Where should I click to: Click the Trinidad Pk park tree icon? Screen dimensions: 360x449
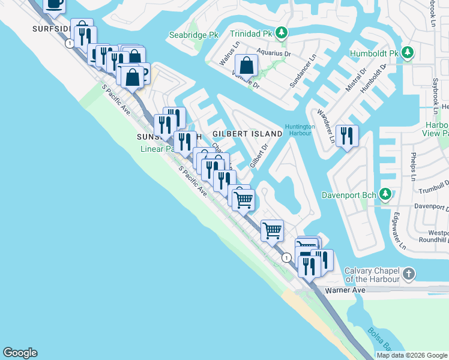[x=280, y=32]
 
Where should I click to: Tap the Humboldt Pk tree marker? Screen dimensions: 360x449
[x=408, y=53]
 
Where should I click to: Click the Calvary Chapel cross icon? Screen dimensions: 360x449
[x=408, y=274]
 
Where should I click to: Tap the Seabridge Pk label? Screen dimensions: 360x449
[x=193, y=35]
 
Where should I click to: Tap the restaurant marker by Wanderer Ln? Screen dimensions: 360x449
[x=347, y=136]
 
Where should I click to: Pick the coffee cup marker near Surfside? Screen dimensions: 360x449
[x=54, y=4]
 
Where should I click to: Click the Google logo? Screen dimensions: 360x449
[x=20, y=353]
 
